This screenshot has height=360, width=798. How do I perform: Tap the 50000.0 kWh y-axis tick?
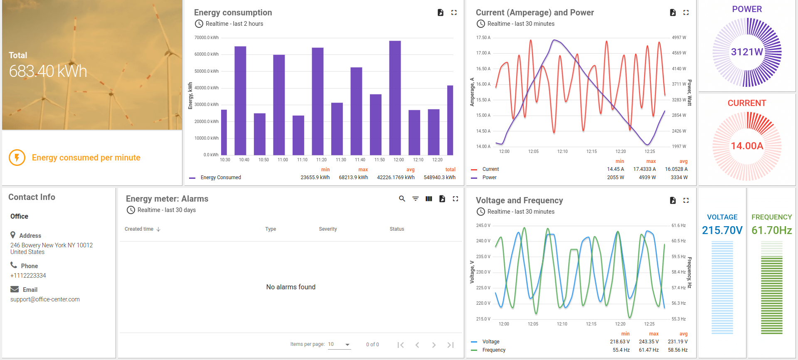coord(206,71)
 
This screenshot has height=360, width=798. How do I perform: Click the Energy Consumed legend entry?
coord(220,178)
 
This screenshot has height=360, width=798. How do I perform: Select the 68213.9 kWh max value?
coord(353,178)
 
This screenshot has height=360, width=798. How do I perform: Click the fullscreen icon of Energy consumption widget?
coord(454,13)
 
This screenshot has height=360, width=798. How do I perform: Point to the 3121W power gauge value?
coord(747,52)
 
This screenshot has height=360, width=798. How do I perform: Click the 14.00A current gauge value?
coord(747,146)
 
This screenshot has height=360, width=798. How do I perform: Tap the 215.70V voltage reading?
coord(722,230)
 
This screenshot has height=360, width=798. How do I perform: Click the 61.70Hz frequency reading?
coord(771,230)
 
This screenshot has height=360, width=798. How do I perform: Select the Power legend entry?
coord(489,178)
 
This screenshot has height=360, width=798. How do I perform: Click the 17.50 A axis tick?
coord(483,38)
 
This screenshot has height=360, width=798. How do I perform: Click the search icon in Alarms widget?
coord(402,199)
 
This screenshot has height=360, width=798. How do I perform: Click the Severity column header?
coord(328,229)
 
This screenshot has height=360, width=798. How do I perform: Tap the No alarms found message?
coord(291,287)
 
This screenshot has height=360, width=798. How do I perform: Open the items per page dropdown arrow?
coord(347,345)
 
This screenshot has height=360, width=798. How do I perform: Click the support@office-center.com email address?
coord(45,299)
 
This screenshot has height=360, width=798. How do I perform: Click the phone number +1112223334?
coord(28,276)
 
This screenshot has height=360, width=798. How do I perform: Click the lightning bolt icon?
coord(17,158)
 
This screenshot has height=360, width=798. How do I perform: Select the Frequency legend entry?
coord(493,350)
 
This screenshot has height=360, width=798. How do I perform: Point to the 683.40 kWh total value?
coord(48,72)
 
